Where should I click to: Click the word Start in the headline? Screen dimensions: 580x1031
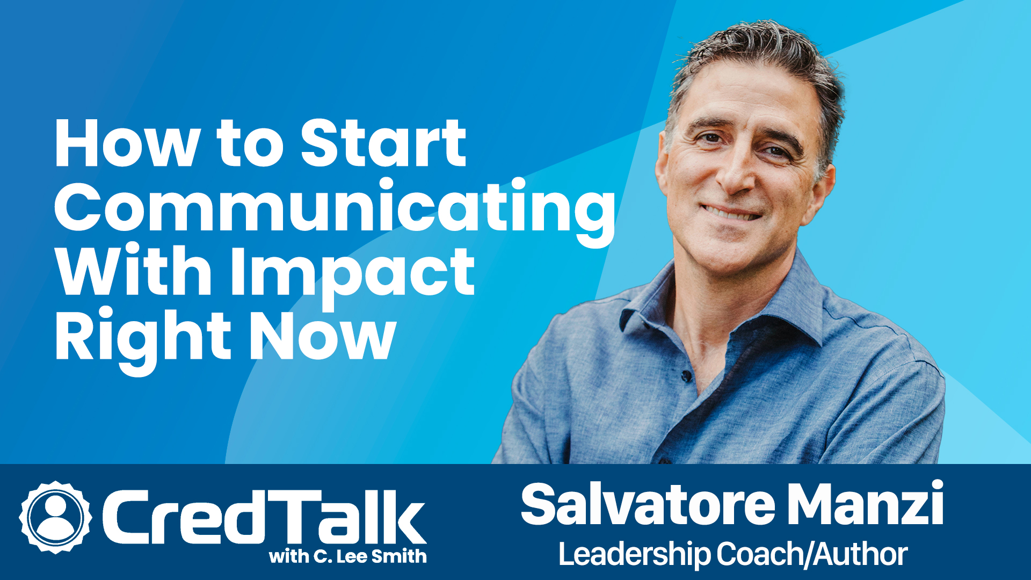click(383, 143)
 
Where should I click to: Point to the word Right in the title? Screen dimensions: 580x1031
click(143, 337)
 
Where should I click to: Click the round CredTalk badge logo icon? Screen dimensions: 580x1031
click(55, 517)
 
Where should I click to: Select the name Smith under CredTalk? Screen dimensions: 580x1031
click(398, 556)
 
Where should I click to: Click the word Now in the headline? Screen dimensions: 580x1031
click(322, 337)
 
